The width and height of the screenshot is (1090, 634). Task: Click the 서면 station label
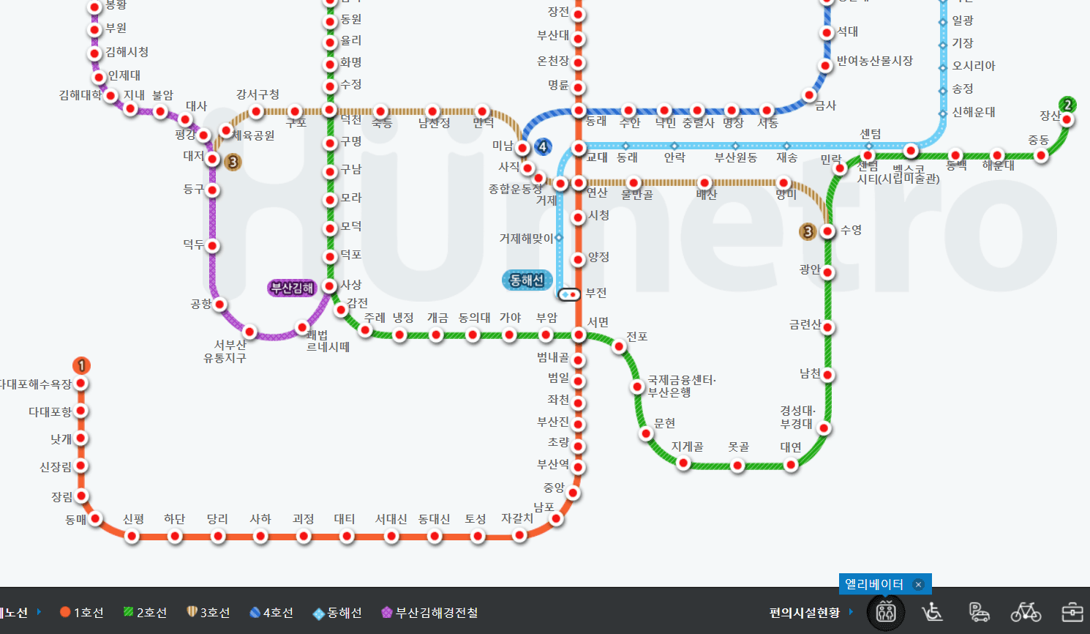[598, 322]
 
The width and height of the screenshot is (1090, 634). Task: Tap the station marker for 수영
[828, 231]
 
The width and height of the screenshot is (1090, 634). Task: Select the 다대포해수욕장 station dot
[81, 384]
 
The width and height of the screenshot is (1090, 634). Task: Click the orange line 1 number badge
[81, 365]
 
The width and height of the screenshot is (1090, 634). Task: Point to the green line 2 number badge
[1067, 105]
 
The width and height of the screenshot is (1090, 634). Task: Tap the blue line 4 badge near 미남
[543, 146]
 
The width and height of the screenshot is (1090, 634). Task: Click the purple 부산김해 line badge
[292, 288]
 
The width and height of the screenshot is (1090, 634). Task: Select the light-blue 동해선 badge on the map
[527, 280]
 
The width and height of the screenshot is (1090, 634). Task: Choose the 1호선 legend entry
[82, 613]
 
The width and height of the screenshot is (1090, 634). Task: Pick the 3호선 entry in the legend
[208, 613]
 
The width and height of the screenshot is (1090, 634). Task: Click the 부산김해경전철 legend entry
[430, 613]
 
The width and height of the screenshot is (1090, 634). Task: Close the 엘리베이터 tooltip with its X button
[918, 584]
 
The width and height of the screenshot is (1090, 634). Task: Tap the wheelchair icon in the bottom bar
[932, 611]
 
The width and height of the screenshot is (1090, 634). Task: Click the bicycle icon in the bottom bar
[1026, 611]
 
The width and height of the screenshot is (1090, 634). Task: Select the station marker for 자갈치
[519, 535]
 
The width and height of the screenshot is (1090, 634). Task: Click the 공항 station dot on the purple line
[219, 305]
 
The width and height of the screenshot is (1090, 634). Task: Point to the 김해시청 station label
[127, 52]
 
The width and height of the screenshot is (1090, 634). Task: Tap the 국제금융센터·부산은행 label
[681, 386]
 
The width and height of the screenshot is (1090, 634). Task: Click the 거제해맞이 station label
[526, 239]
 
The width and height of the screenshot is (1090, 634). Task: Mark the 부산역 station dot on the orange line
[578, 467]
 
